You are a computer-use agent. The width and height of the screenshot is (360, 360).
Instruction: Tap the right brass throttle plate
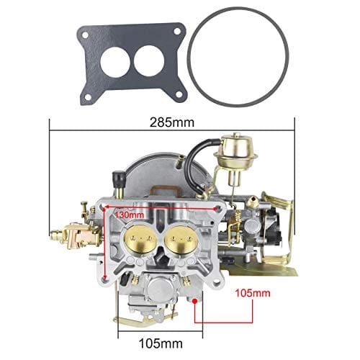(x=179, y=237)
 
